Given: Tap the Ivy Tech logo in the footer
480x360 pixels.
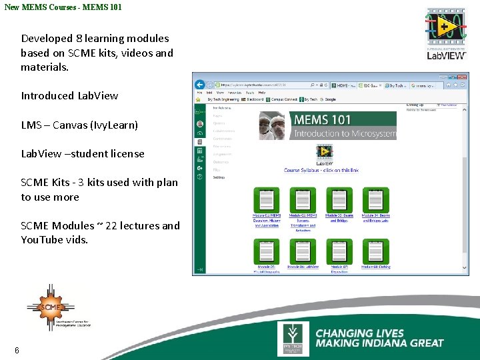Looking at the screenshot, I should click(x=293, y=339).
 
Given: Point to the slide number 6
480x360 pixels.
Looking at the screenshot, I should click(x=17, y=351).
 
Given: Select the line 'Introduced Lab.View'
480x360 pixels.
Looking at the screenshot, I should click(x=69, y=95).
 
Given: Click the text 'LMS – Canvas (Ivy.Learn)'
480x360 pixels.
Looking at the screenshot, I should click(x=79, y=125).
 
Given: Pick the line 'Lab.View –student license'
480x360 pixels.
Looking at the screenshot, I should click(x=83, y=153).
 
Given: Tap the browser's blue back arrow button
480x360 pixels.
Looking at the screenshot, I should click(x=199, y=85).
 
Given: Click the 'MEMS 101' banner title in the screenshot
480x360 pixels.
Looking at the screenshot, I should click(x=323, y=120).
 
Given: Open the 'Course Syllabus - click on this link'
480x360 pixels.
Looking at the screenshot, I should click(x=321, y=170).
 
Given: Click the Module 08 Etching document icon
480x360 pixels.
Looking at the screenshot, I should click(x=375, y=251).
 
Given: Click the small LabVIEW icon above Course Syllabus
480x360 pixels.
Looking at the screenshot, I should click(x=325, y=154).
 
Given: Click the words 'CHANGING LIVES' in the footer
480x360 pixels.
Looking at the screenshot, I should click(x=359, y=333).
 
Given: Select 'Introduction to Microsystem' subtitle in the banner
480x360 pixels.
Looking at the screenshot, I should click(x=345, y=133).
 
